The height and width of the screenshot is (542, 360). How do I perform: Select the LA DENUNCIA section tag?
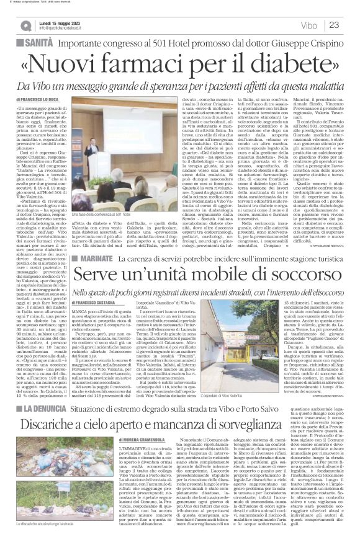pos(45,391)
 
